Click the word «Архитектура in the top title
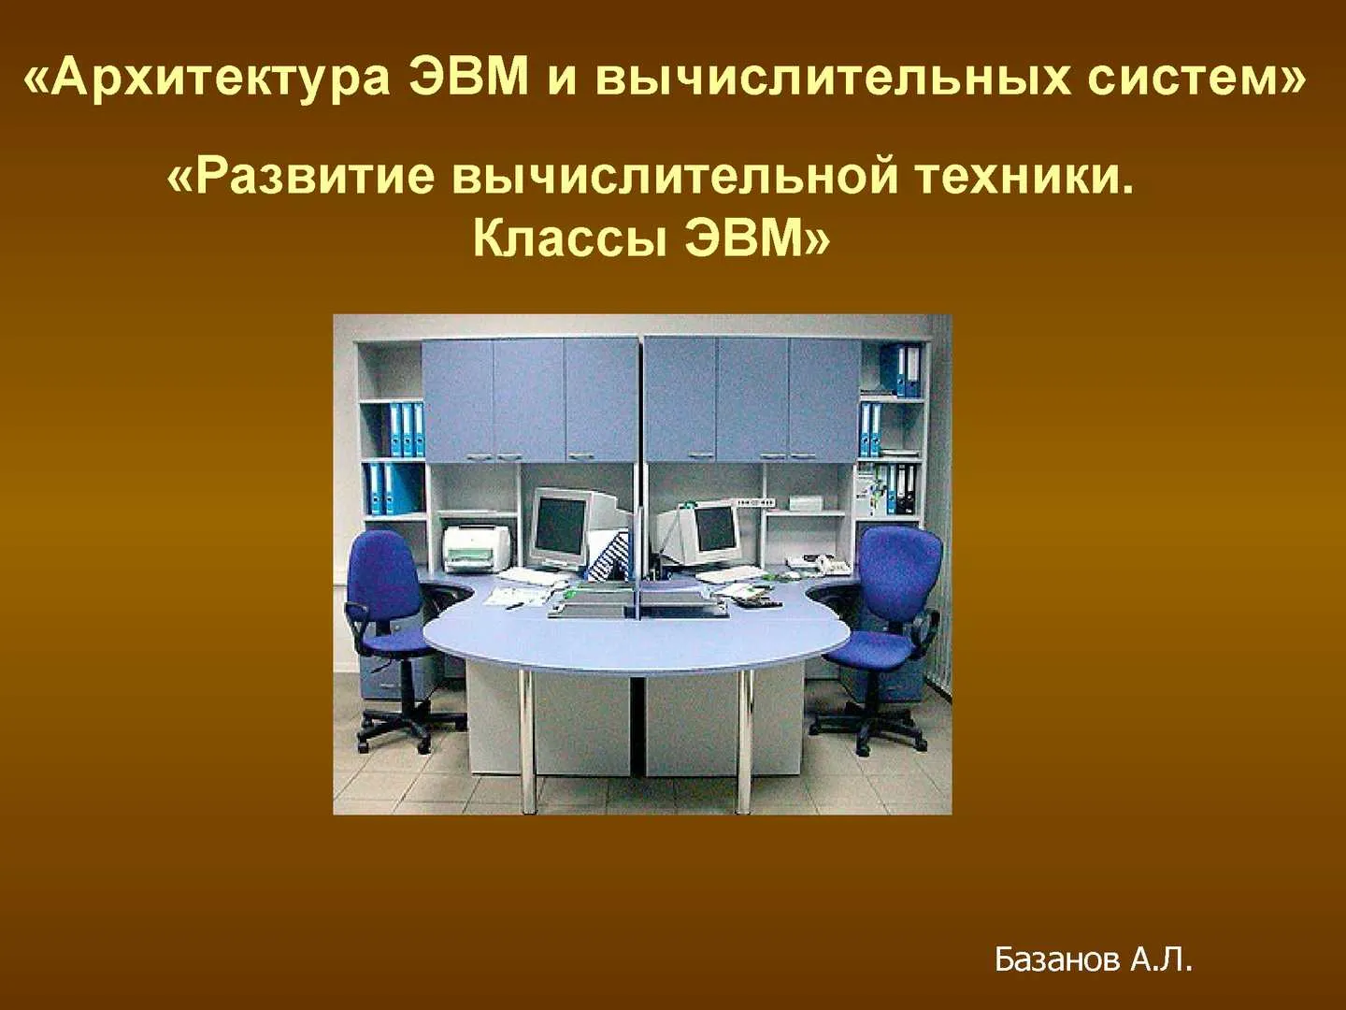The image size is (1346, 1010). pyautogui.click(x=207, y=80)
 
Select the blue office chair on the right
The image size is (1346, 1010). pyautogui.click(x=883, y=638)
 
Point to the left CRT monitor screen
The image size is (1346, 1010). pyautogui.click(x=559, y=527)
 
